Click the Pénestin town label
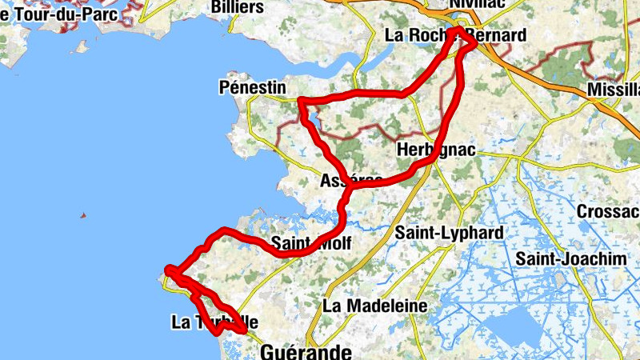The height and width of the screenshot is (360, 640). click(251, 87)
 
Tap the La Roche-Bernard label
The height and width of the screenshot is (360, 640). click(455, 36)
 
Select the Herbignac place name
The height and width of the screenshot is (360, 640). click(435, 150)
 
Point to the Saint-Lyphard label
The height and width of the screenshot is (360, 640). click(449, 233)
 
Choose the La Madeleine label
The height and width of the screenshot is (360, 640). click(375, 306)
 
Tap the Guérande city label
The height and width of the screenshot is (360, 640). click(306, 352)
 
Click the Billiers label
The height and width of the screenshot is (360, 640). click(237, 7)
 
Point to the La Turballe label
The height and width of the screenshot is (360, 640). click(214, 322)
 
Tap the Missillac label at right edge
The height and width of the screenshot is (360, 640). click(613, 89)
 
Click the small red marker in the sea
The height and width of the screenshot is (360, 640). click(82, 215)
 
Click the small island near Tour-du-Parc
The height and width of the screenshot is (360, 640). click(82, 47)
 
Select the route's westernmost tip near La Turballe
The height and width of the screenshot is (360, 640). click(167, 270)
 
